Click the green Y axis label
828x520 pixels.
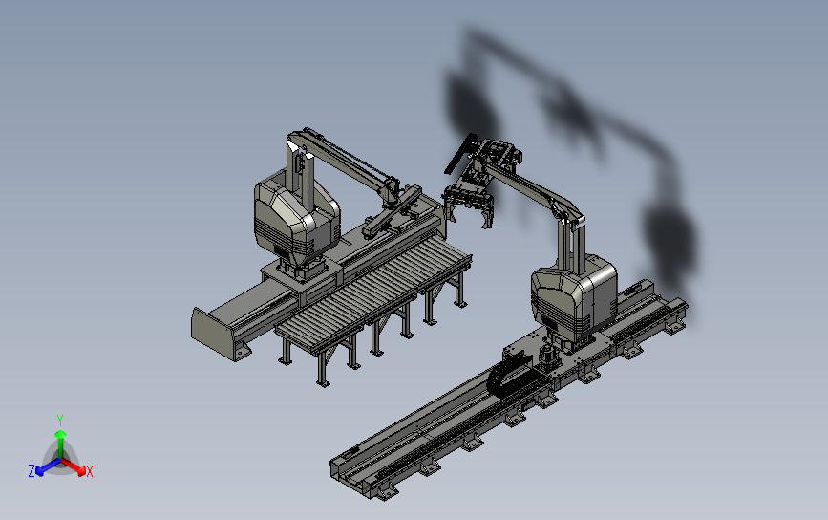pyautogui.click(x=59, y=421)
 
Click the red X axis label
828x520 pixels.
pyautogui.click(x=89, y=471)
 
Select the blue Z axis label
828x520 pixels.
pyautogui.click(x=32, y=471)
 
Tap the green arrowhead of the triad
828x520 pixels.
pyautogui.click(x=61, y=434)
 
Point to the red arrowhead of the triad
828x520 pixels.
pyautogui.click(x=81, y=470)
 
